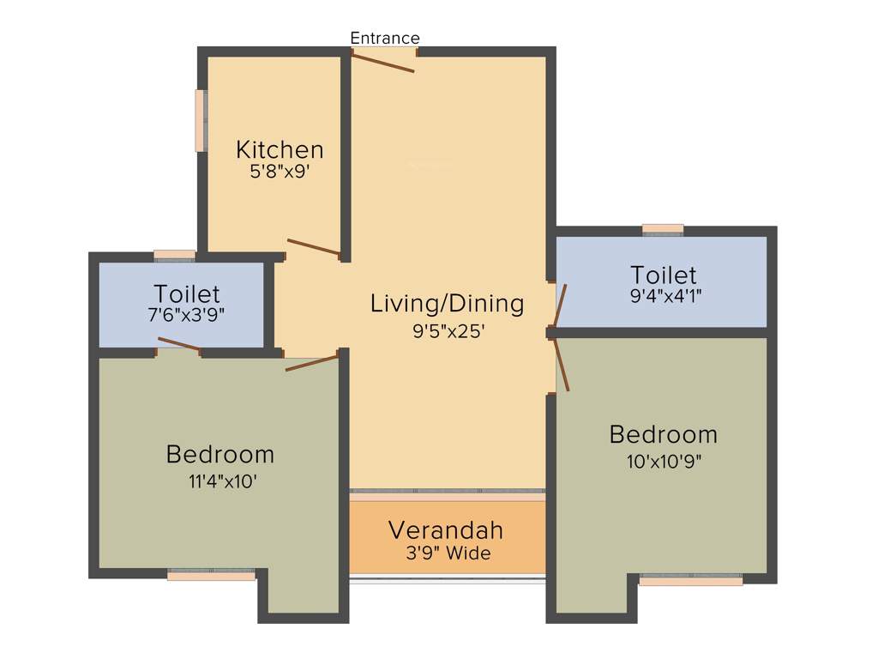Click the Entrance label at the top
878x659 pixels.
point(385,38)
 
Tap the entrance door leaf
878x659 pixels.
point(383,61)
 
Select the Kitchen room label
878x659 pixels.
point(280,149)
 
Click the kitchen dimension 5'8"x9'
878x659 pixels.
point(280,171)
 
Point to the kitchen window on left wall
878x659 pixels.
point(201,120)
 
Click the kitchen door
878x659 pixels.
point(313,247)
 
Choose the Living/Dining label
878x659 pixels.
point(447,303)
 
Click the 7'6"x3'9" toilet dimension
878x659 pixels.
point(186,314)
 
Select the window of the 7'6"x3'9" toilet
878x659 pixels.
point(174,254)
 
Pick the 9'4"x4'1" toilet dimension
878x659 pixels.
point(663,296)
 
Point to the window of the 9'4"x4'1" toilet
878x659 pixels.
point(663,229)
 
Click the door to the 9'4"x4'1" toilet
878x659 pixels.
point(560,305)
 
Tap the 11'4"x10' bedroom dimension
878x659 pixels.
point(222,481)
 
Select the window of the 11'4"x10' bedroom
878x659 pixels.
point(211,575)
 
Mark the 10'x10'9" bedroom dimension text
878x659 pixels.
point(663,462)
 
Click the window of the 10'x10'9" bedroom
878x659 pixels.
point(691,580)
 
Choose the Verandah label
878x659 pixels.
point(446,529)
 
